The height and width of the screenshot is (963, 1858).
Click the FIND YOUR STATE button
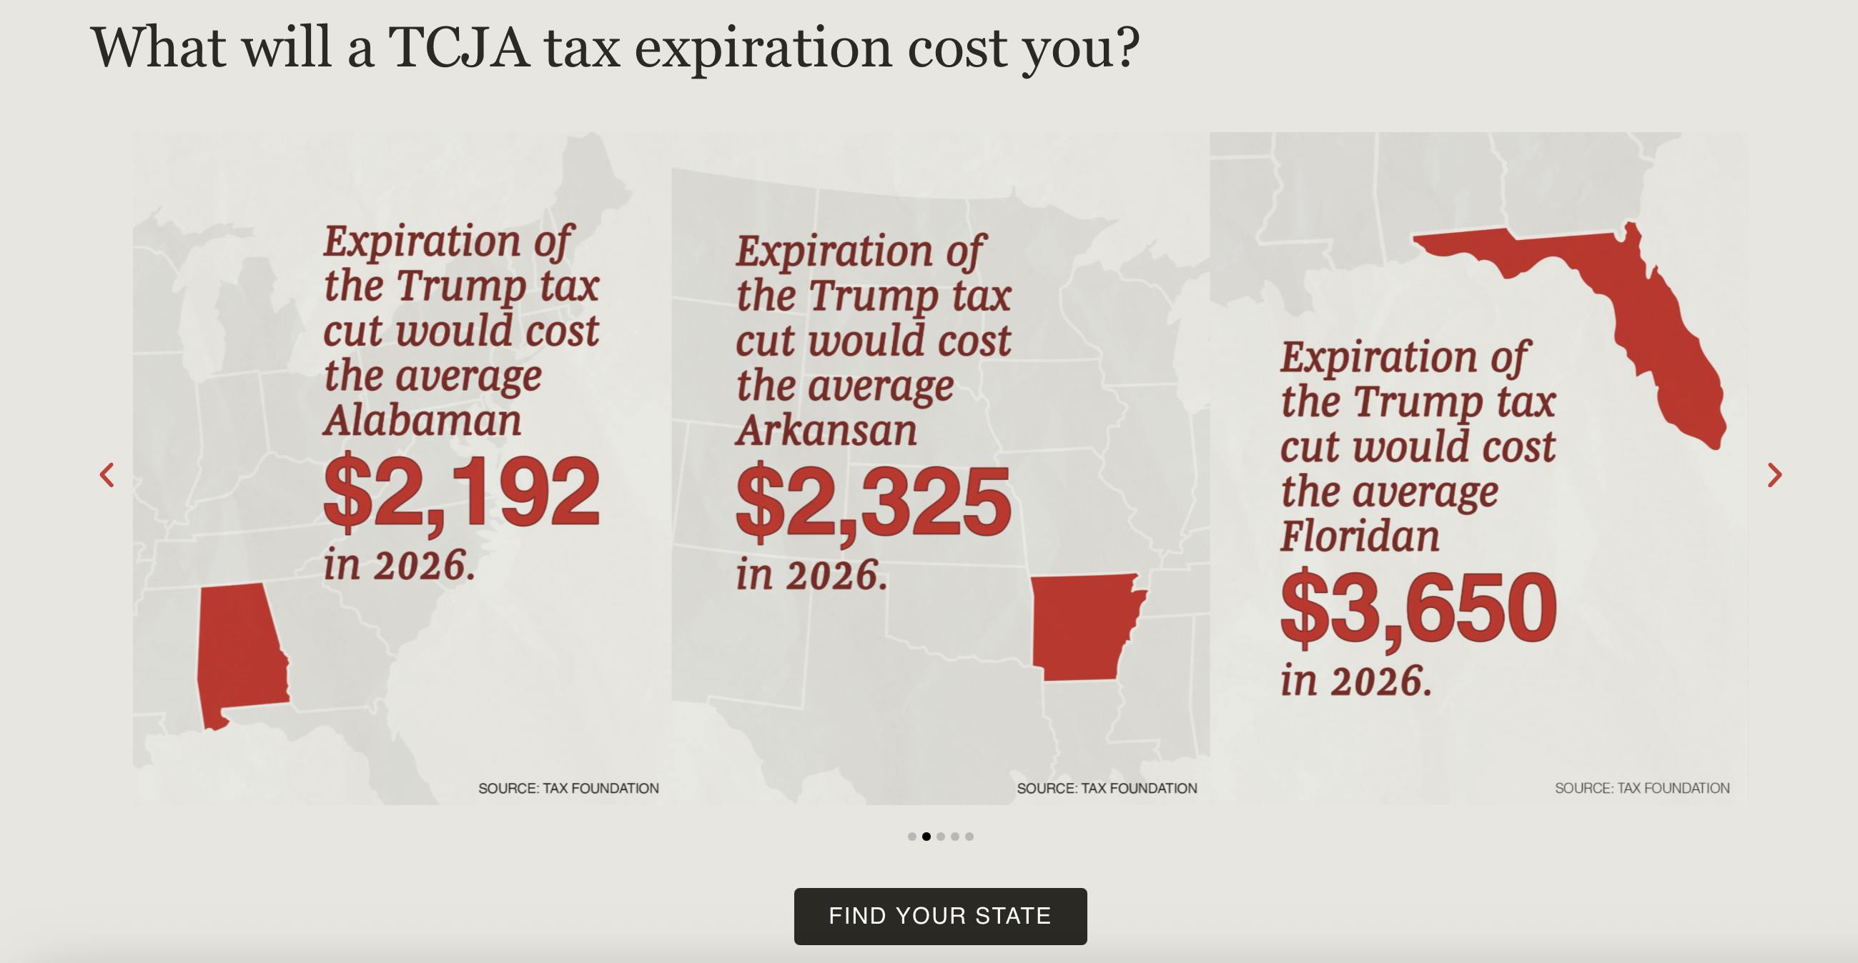940,915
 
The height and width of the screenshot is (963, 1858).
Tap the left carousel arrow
107,475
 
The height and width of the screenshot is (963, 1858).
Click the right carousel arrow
1774,475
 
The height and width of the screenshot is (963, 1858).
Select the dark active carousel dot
926,836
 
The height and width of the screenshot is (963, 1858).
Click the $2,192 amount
461,493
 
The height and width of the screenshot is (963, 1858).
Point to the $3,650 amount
1418,609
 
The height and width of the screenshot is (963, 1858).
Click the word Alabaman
422,420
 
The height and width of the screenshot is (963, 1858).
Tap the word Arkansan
826,430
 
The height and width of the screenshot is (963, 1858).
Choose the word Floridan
1360,537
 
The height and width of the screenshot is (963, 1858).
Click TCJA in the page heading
459,48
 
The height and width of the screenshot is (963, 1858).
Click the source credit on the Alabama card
568,789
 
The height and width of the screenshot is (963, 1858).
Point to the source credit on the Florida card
1641,789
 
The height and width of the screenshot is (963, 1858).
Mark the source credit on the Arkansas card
1107,789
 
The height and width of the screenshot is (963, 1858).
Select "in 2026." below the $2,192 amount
400,564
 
